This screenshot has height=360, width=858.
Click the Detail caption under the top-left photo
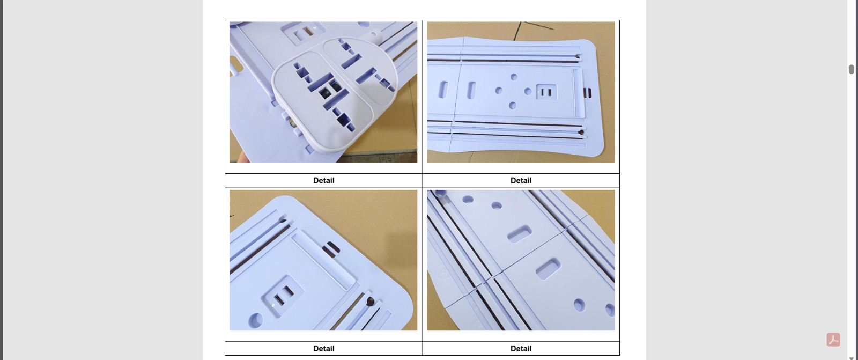(x=323, y=181)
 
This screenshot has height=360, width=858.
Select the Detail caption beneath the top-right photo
(x=521, y=181)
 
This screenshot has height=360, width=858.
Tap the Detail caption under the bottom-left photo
(x=323, y=349)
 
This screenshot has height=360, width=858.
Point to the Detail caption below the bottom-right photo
(x=521, y=349)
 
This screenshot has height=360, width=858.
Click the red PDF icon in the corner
(x=833, y=339)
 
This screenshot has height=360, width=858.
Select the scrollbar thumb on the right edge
(x=851, y=69)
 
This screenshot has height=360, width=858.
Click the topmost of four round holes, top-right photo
(x=514, y=77)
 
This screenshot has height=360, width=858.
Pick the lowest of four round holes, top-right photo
(x=513, y=106)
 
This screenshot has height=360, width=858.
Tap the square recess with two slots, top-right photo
(x=546, y=92)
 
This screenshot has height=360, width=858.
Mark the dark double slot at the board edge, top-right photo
(x=587, y=93)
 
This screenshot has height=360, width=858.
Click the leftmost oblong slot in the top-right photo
(x=443, y=90)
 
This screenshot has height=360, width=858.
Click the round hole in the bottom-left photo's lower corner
(x=255, y=320)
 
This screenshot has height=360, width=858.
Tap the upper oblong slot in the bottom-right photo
(x=520, y=233)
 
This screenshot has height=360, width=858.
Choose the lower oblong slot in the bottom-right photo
(x=548, y=268)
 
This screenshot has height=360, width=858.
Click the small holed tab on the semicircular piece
(x=373, y=35)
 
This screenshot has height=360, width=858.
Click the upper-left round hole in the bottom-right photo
(x=468, y=200)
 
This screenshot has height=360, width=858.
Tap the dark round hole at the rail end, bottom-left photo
(x=370, y=301)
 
